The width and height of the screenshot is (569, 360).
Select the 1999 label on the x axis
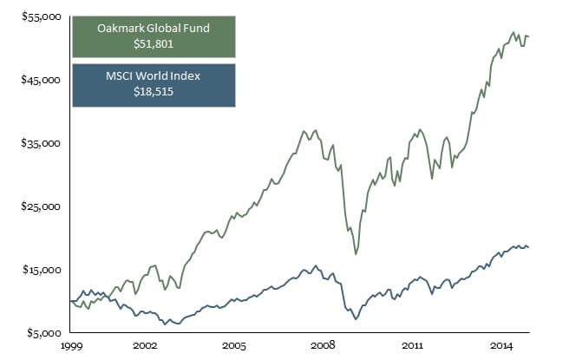point(71,345)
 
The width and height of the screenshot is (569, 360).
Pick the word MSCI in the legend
point(119,77)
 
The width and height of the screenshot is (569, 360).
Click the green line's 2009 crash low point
point(356,254)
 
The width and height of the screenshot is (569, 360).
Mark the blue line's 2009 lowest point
point(356,319)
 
